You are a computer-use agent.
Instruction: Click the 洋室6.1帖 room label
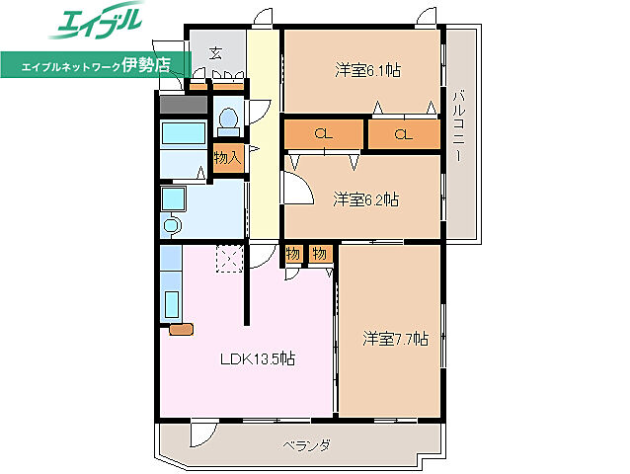pos(367,71)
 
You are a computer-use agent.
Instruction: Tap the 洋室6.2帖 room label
pos(365,199)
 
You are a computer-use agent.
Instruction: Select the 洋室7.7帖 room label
pos(395,339)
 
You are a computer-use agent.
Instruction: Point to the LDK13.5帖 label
pos(258,357)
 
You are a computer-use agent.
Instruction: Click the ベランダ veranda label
pos(306,445)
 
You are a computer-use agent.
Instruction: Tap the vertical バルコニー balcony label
pos(459,126)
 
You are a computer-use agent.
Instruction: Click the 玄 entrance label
pos(216,53)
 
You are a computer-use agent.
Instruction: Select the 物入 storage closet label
pos(228,158)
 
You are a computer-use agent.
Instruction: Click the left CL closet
pos(324,133)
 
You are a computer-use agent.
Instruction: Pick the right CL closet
pos(404,133)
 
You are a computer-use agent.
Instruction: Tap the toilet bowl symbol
pos(229,121)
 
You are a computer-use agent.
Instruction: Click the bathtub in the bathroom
pos(184,133)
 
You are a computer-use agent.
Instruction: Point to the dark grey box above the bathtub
pos(184,105)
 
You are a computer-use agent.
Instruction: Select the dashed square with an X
pos(230,259)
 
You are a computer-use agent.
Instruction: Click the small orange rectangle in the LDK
pos(182,329)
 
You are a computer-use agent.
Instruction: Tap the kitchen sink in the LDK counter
pos(172,304)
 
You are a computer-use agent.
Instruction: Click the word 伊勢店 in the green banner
pos(146,64)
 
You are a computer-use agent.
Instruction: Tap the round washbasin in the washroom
pos(171,224)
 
